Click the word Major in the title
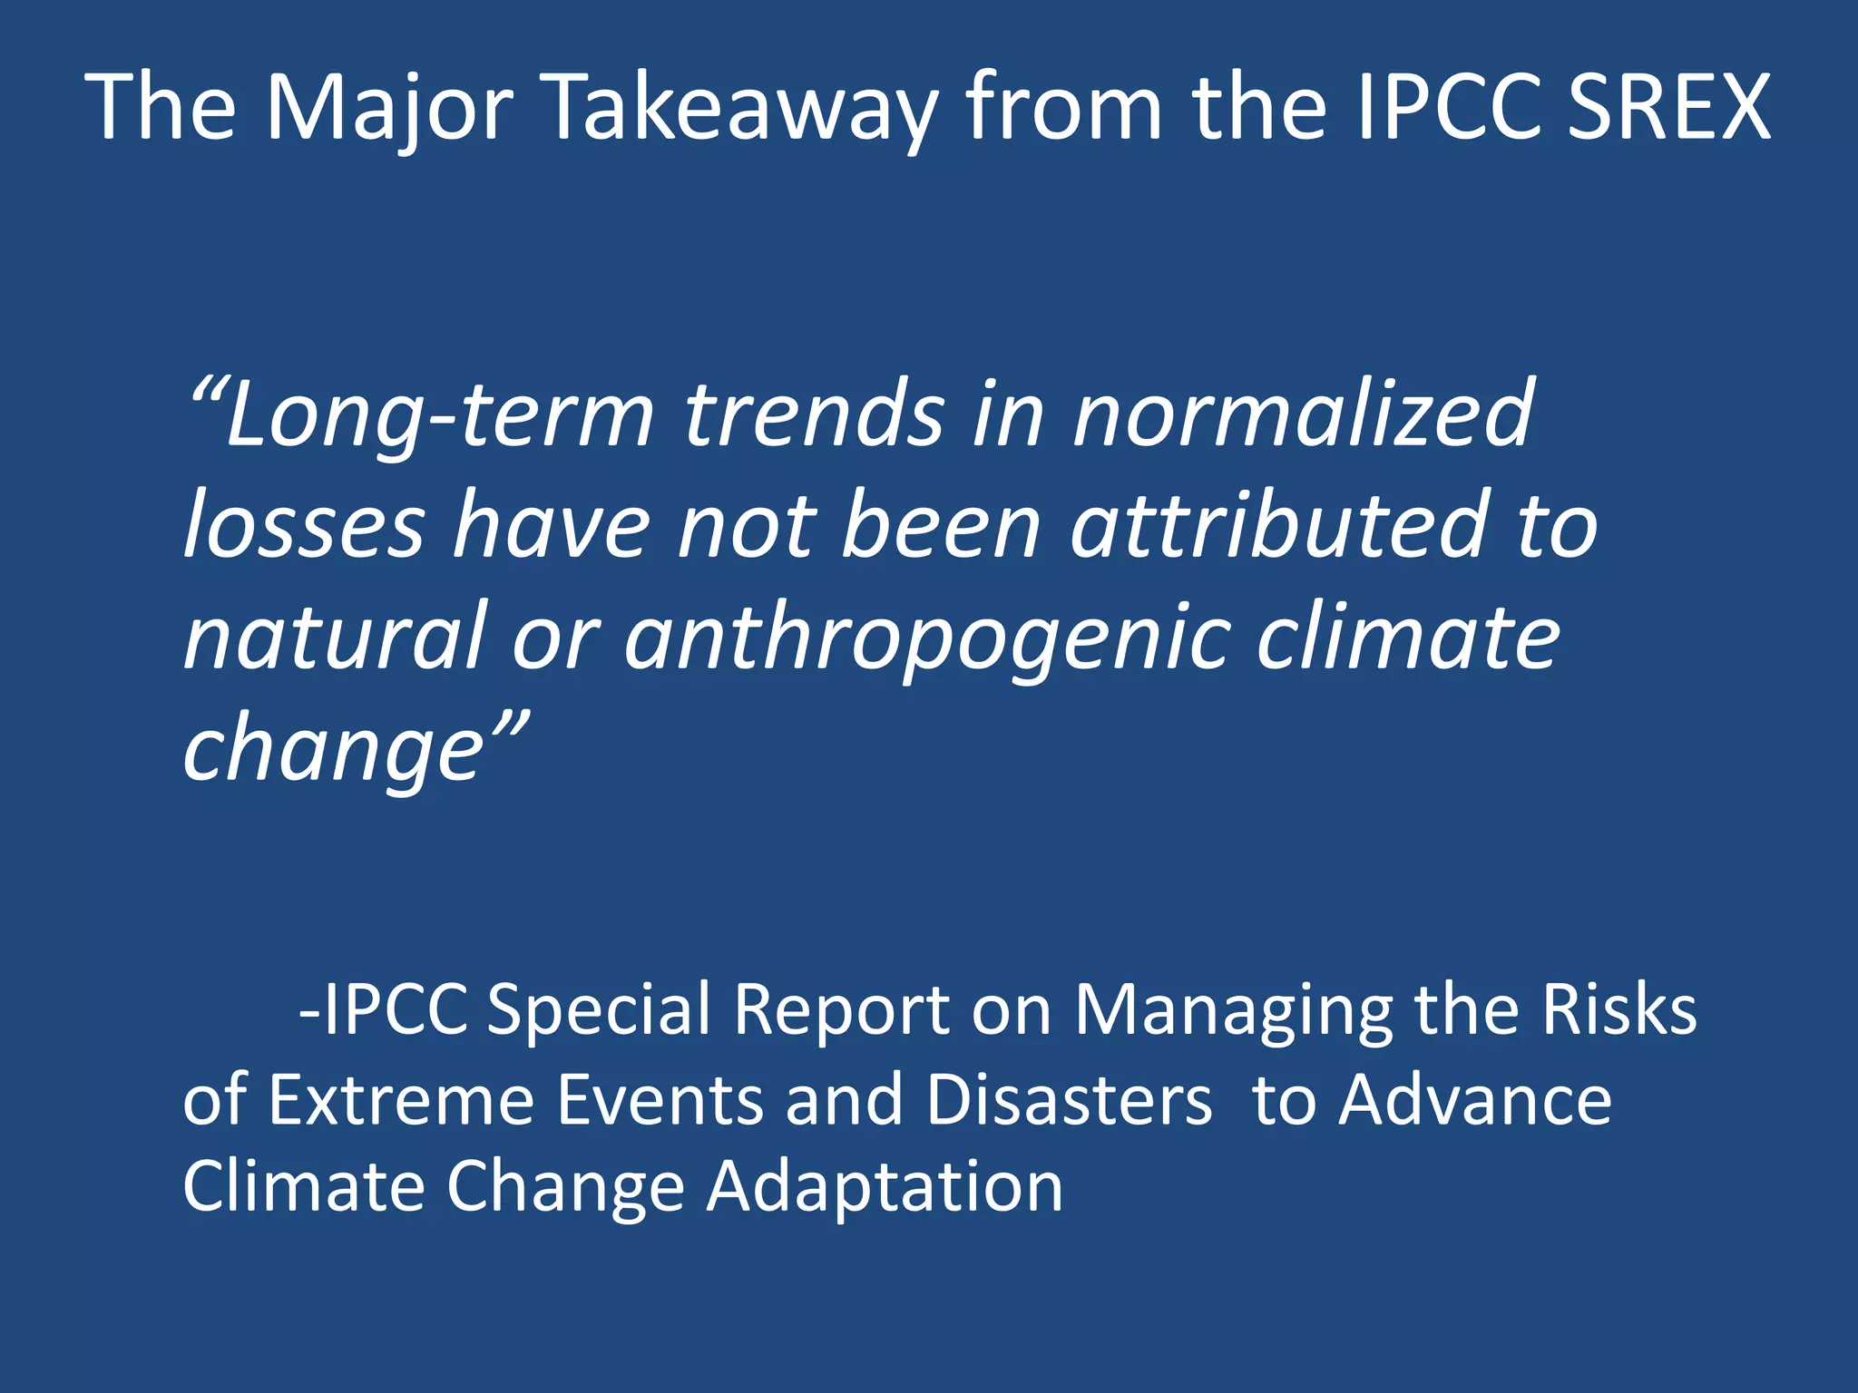coord(389,109)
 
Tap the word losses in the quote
coord(304,526)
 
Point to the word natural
coord(336,637)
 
